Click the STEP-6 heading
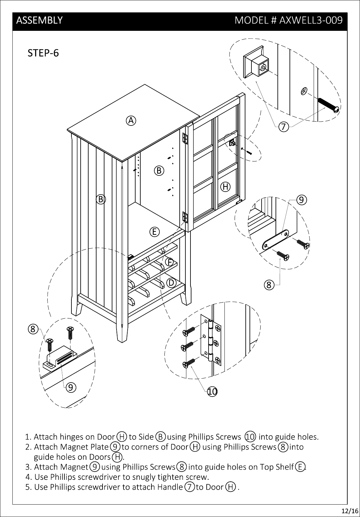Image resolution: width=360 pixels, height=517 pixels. coord(43,53)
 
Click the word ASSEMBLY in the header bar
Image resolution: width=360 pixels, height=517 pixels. coord(39,20)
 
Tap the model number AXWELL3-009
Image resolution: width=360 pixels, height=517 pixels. coord(311,20)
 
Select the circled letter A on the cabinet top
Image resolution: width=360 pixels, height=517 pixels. coord(131,121)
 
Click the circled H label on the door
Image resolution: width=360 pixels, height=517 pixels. coord(225,187)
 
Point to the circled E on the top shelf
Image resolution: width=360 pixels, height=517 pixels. coord(155,232)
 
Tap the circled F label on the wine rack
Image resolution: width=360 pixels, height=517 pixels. coord(170,262)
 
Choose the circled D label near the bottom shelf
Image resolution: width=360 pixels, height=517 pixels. coord(171,283)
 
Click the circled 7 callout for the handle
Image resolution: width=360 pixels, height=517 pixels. coord(284,127)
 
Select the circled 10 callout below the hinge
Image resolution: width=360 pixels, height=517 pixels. coord(212,391)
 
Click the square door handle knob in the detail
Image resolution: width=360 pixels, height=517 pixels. coord(256,62)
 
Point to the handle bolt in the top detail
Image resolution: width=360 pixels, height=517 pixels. coord(328,105)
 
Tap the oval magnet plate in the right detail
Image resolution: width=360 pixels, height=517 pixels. coord(275,240)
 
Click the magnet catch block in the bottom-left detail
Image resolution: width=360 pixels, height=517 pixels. coord(60,357)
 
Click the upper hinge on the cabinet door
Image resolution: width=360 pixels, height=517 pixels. coord(185,139)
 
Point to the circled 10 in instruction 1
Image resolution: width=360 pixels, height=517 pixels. coord(250,437)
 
